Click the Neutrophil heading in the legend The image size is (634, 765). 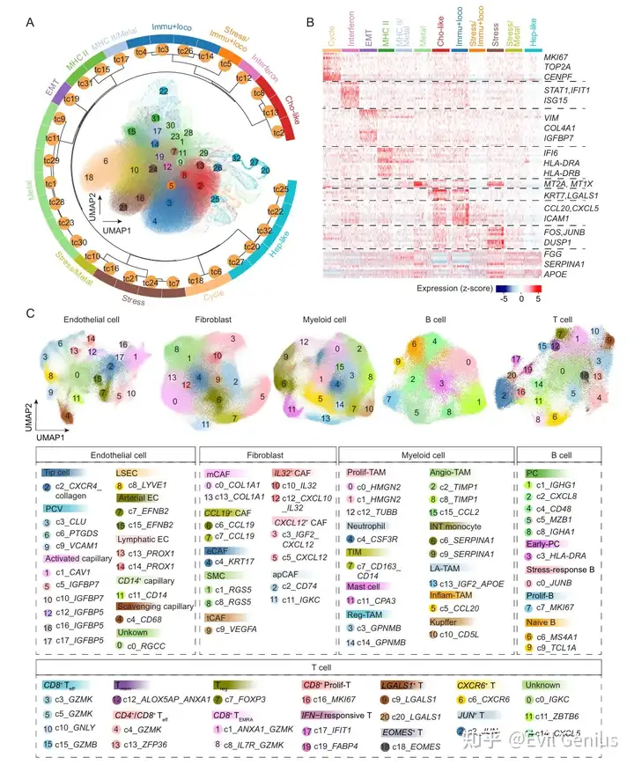pos(371,525)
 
